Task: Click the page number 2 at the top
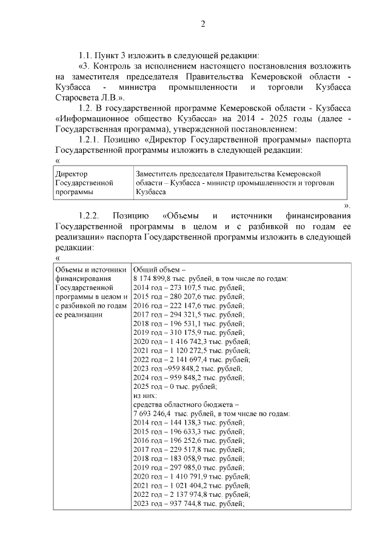(x=203, y=24)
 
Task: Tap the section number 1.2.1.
(x=93, y=139)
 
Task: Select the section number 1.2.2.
(x=92, y=217)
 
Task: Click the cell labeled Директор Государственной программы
(x=93, y=182)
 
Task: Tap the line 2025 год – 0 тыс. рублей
(x=175, y=386)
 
